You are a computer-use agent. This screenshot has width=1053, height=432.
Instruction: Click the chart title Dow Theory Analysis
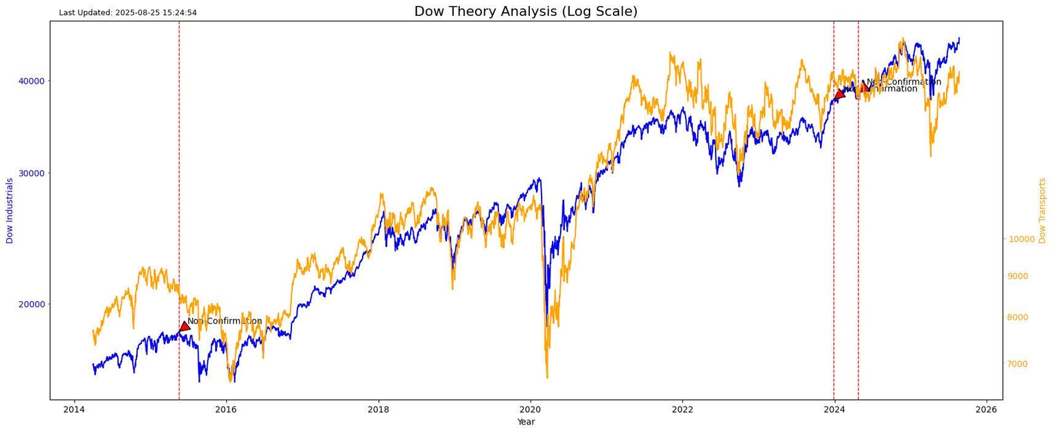point(526,11)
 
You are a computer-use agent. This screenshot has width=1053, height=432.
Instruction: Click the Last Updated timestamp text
point(128,12)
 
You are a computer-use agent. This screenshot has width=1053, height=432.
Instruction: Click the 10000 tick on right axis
point(1021,239)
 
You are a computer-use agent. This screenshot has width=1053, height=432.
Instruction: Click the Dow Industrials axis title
point(10,211)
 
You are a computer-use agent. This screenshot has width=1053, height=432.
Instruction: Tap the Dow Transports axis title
point(1042,211)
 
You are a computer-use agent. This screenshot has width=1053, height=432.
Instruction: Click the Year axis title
point(526,422)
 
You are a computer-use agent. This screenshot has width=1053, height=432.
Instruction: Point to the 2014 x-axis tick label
point(74,411)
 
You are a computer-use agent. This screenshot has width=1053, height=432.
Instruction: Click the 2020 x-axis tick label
point(530,411)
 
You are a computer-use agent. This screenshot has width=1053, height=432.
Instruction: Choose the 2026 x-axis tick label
point(986,411)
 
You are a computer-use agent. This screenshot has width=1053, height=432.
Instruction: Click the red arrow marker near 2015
point(184,326)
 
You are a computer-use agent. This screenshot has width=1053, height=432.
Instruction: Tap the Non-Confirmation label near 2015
point(224,321)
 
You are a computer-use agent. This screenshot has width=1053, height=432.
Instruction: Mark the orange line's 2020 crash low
point(547,376)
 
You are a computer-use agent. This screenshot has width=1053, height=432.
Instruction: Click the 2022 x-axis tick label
point(682,411)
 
